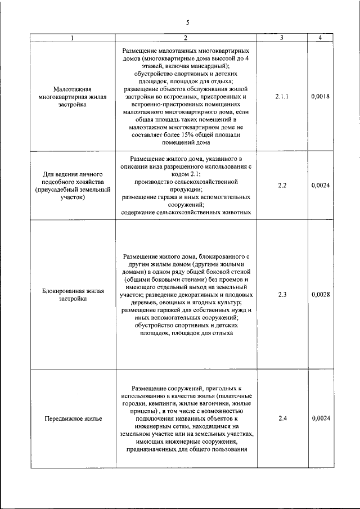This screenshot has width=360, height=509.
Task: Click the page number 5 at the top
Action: [x=187, y=22]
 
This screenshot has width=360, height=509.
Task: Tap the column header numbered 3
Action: [x=282, y=38]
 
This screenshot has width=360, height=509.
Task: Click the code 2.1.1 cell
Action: [x=282, y=97]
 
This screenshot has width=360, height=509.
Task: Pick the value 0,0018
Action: [x=320, y=97]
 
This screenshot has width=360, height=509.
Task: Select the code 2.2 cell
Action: [x=282, y=185]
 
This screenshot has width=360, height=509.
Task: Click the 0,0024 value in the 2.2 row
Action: [x=320, y=185]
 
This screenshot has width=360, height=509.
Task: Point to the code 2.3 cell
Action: [x=282, y=294]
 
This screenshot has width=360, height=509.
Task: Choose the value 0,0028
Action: [x=320, y=294]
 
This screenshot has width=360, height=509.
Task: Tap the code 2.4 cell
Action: [x=282, y=418]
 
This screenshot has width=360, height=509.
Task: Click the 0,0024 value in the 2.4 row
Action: [x=320, y=418]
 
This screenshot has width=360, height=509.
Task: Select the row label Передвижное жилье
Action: [x=73, y=419]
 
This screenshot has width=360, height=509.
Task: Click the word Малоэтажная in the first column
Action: [x=73, y=89]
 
